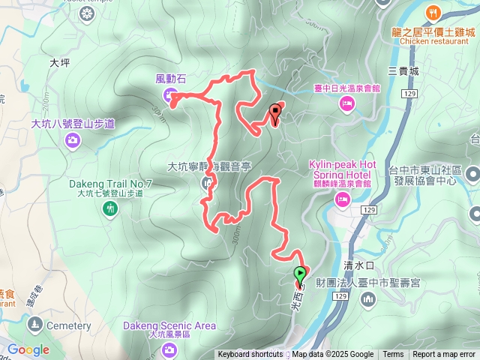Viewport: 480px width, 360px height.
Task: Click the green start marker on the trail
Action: click(300, 275)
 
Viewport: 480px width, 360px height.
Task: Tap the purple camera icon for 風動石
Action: click(170, 94)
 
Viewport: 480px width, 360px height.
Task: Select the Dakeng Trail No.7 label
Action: click(110, 184)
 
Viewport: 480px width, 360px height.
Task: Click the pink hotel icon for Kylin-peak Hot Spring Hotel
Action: click(342, 199)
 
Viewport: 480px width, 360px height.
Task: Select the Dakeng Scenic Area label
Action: click(170, 325)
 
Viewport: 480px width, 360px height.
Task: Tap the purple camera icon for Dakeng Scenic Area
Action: click(170, 349)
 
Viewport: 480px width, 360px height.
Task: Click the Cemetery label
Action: click(68, 325)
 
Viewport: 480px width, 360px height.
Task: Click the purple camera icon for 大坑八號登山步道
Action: click(73, 139)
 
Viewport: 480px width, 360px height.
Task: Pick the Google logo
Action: click(28, 349)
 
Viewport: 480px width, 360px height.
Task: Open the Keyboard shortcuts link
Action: click(250, 355)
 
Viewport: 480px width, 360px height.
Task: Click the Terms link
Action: click(393, 355)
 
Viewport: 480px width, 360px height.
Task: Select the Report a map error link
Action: click(444, 355)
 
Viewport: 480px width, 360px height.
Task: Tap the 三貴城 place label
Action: click(403, 71)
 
